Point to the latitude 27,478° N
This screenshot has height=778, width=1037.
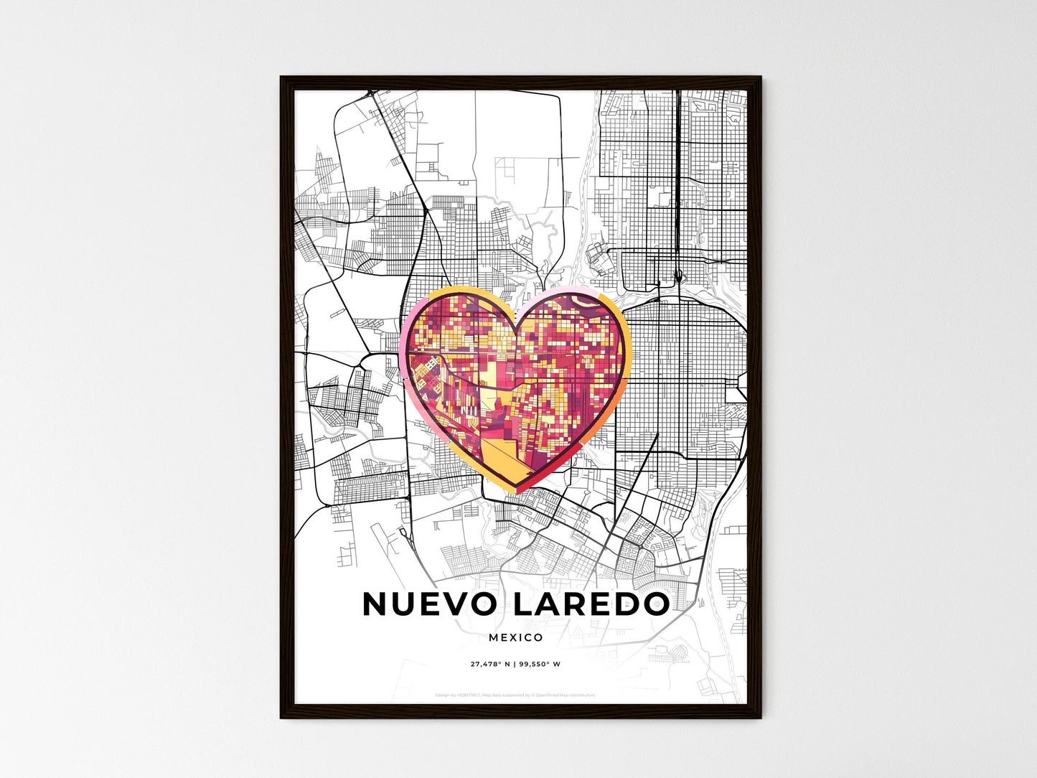point(489,664)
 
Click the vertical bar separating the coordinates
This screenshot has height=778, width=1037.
point(515,664)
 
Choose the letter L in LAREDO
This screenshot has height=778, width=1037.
point(522,604)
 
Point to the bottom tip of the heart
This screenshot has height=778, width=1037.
point(518,491)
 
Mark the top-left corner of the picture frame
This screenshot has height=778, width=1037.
point(281,78)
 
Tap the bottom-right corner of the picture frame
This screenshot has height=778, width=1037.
point(761,717)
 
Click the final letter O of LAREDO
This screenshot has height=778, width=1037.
point(654,604)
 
